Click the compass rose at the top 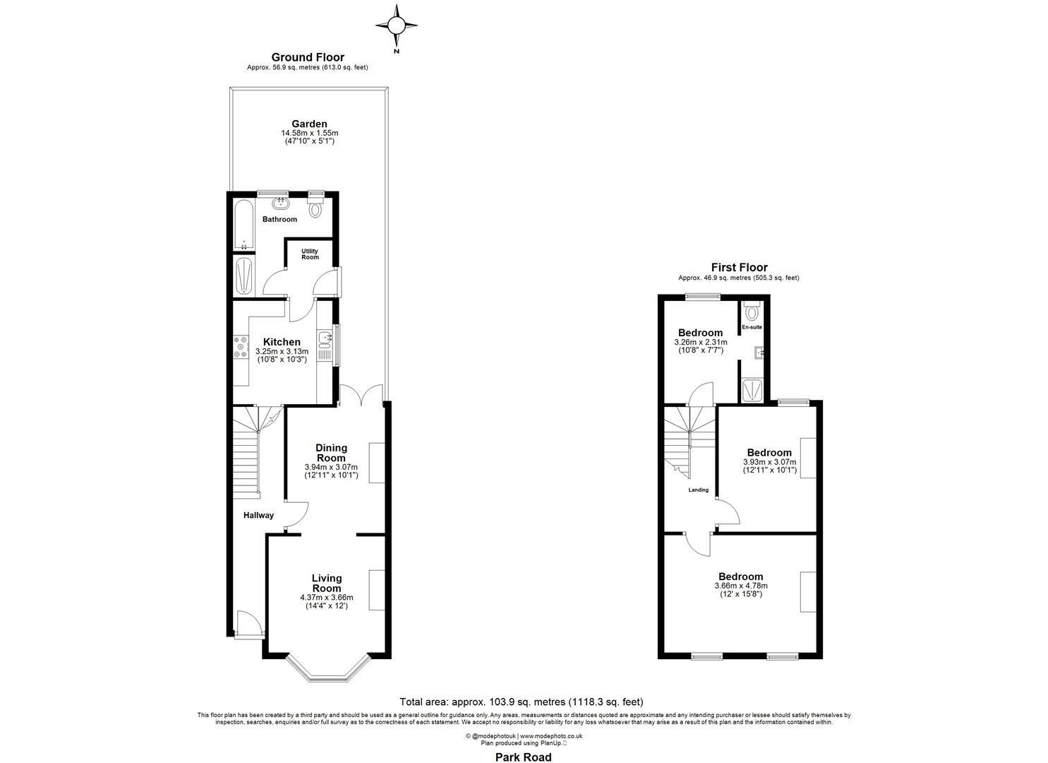pyautogui.click(x=397, y=27)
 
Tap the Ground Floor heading pyautogui.click(x=308, y=57)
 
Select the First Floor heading pyautogui.click(x=738, y=267)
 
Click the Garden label pyautogui.click(x=309, y=124)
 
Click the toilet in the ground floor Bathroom pyautogui.click(x=315, y=208)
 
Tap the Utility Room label pyautogui.click(x=310, y=254)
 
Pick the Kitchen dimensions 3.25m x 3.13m pyautogui.click(x=282, y=351)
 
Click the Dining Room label pyautogui.click(x=331, y=452)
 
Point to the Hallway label pyautogui.click(x=258, y=515)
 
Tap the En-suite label pyautogui.click(x=752, y=327)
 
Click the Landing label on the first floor pyautogui.click(x=699, y=490)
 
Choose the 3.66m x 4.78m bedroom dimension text pyautogui.click(x=741, y=586)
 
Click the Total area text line pyautogui.click(x=522, y=702)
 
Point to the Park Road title pyautogui.click(x=522, y=757)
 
